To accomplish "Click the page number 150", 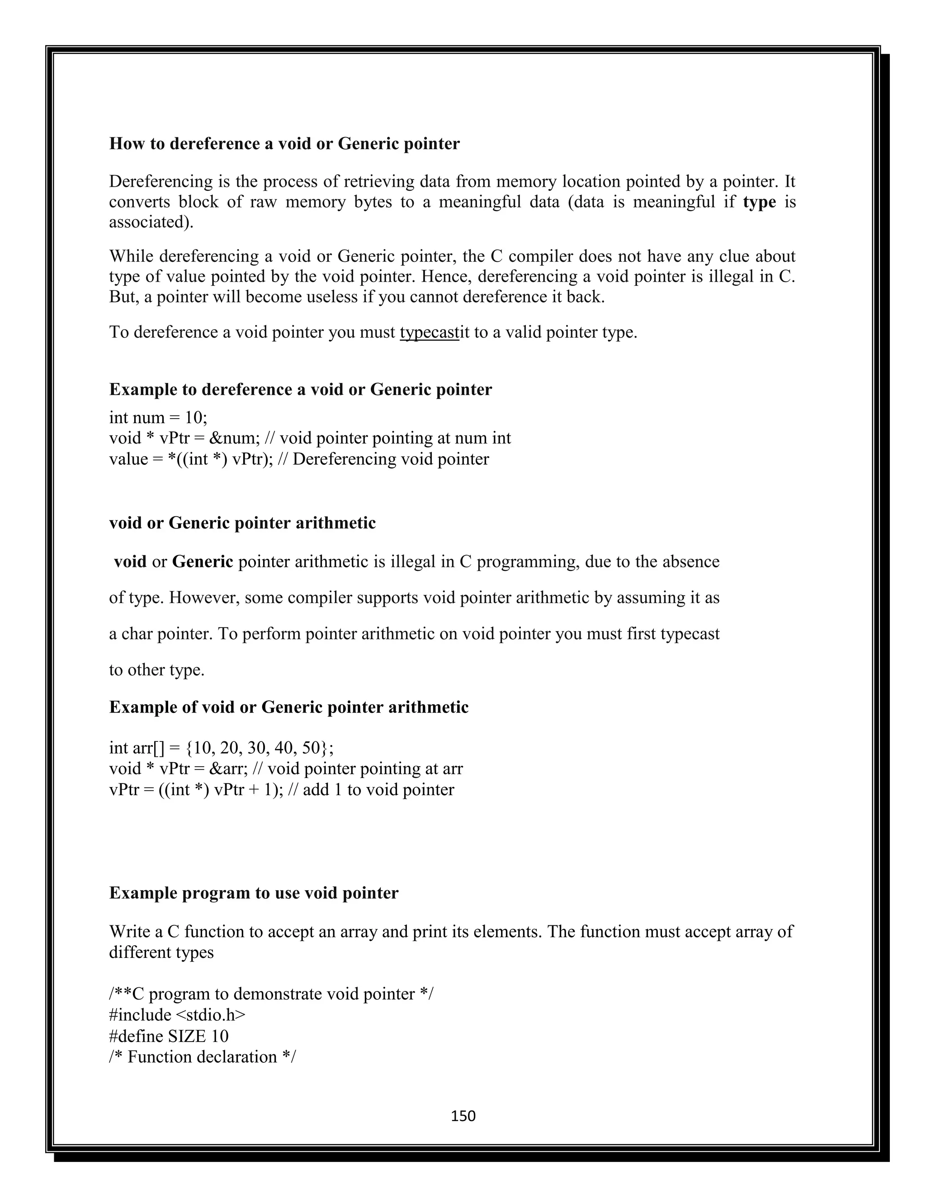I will coord(463,1116).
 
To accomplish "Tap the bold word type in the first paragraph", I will coord(759,202).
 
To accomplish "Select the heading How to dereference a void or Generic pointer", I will coord(284,144).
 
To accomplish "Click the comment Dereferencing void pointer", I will coord(390,459).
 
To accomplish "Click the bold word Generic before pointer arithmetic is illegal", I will coord(203,561).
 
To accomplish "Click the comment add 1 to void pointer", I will coord(378,790).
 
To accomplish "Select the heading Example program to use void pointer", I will coord(254,893).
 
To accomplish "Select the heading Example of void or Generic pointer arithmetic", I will coord(288,707).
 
